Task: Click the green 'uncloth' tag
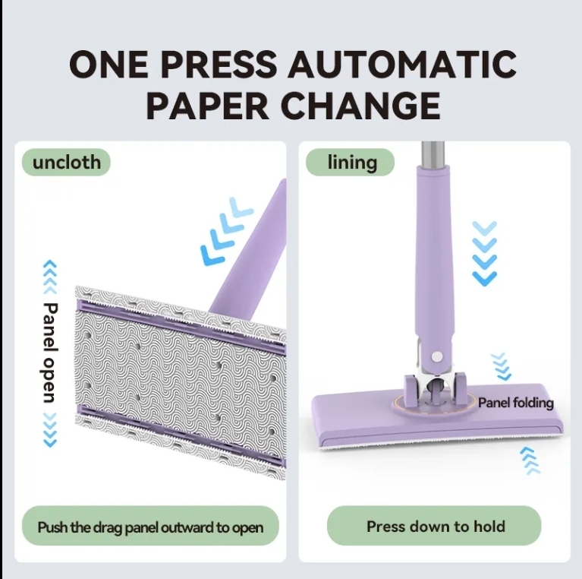67,162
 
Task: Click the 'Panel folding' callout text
516,403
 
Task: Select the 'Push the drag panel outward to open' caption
150,527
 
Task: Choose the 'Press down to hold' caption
435,526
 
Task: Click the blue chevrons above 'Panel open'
50,277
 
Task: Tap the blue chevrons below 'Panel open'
50,429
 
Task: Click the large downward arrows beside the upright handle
483,253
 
